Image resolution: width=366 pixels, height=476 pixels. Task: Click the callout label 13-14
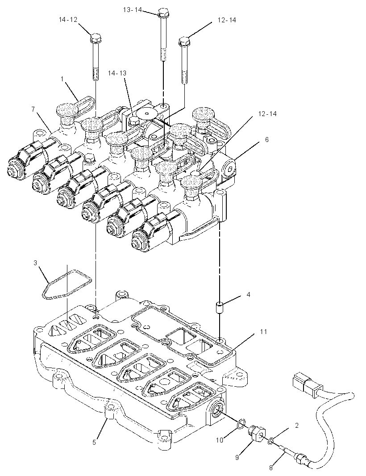[132, 10]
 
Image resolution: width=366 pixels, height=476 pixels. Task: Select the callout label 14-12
[68, 20]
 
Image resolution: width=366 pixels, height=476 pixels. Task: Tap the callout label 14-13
[117, 73]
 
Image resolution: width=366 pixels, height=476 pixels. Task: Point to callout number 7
[33, 109]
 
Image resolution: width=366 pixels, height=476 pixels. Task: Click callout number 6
[267, 139]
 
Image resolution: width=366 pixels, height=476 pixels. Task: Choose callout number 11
[263, 331]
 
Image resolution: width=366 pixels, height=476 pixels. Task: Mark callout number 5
[94, 443]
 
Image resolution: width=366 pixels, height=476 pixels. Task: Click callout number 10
[220, 440]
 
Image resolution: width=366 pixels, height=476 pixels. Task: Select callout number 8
[271, 468]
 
